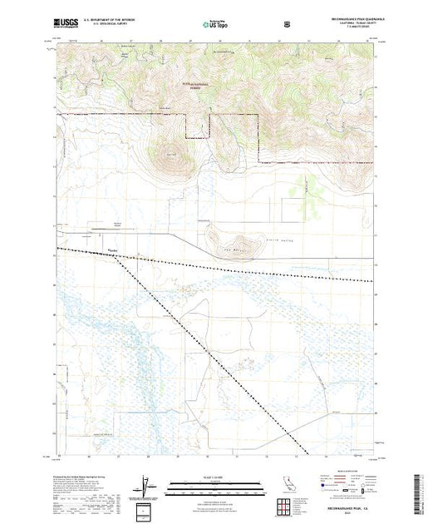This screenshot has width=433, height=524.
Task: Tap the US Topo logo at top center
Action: [216, 25]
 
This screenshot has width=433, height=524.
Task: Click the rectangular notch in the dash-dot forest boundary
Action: [197, 126]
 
